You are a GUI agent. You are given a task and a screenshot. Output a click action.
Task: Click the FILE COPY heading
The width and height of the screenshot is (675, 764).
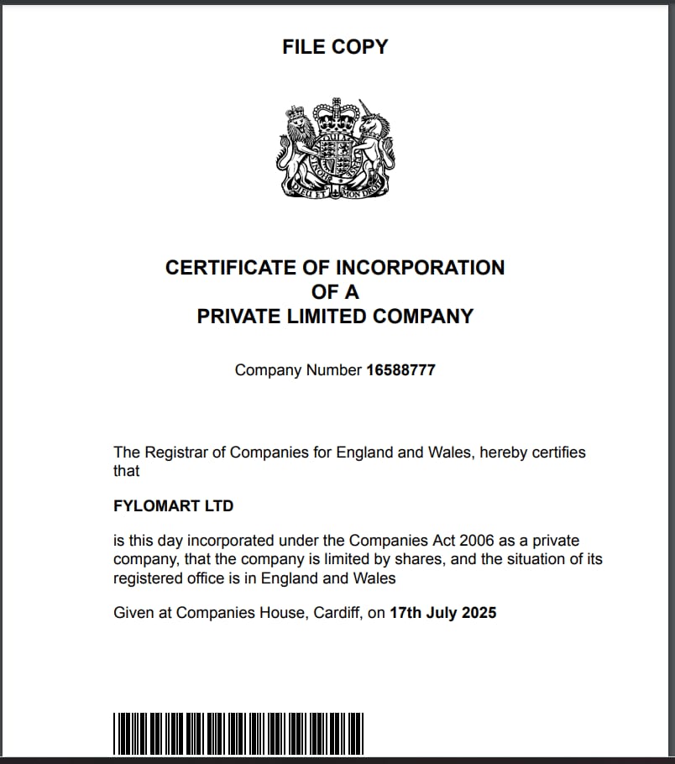pos(335,47)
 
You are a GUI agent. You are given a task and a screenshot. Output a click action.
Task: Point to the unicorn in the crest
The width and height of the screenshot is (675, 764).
pos(372,143)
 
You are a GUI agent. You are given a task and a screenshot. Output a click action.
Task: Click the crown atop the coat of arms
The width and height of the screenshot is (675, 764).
pos(334,112)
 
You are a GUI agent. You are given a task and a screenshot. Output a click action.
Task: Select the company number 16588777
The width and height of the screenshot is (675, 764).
pos(400,370)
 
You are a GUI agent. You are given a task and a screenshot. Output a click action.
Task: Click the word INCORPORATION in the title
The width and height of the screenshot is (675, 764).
pos(420,268)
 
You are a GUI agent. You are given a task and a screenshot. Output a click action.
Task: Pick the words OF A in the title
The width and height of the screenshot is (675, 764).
pos(335,292)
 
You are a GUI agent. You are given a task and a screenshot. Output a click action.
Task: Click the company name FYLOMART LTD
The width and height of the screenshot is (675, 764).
pos(173,506)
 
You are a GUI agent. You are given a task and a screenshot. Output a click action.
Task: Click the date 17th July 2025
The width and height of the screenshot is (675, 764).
pos(443,613)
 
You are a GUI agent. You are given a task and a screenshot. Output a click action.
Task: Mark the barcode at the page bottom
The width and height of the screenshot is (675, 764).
pos(238,733)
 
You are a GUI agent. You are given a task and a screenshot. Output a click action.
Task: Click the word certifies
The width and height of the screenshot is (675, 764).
pos(555,453)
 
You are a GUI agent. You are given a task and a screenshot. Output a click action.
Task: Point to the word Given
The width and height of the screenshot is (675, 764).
pos(133,613)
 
